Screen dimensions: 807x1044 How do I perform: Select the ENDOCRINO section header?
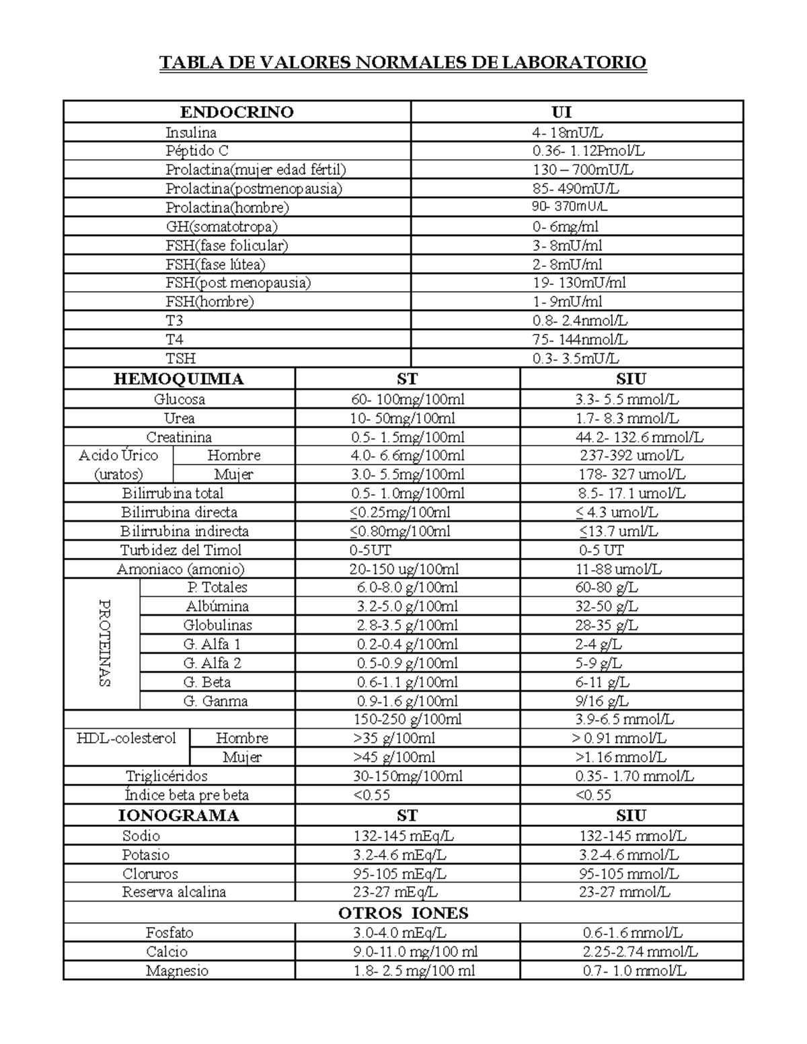coord(237,112)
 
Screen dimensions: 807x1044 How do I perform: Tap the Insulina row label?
coord(191,132)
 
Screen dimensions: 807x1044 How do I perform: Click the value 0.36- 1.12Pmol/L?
coord(588,151)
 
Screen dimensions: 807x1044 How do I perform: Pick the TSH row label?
coord(181,358)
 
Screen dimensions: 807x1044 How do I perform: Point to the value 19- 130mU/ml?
coord(579,283)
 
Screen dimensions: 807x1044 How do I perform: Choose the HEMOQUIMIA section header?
coord(179,379)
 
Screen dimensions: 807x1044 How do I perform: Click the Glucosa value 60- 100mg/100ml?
coord(408,399)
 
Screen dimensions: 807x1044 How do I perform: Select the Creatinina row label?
coord(179,438)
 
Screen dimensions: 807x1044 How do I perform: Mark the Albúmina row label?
coord(217,606)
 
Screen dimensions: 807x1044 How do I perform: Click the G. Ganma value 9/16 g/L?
coord(602,701)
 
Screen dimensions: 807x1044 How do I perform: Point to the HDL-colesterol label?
coord(126,738)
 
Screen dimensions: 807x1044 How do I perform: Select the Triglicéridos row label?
coord(167,776)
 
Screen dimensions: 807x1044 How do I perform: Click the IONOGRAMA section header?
coord(179,816)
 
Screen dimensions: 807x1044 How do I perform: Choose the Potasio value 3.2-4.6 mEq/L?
coord(399,855)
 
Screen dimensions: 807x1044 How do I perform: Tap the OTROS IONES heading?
coord(403,913)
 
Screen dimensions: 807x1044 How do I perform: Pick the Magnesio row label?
coord(177,971)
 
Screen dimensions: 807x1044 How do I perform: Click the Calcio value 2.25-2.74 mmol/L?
coord(640,952)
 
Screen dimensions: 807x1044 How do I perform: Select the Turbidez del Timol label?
coord(181,550)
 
